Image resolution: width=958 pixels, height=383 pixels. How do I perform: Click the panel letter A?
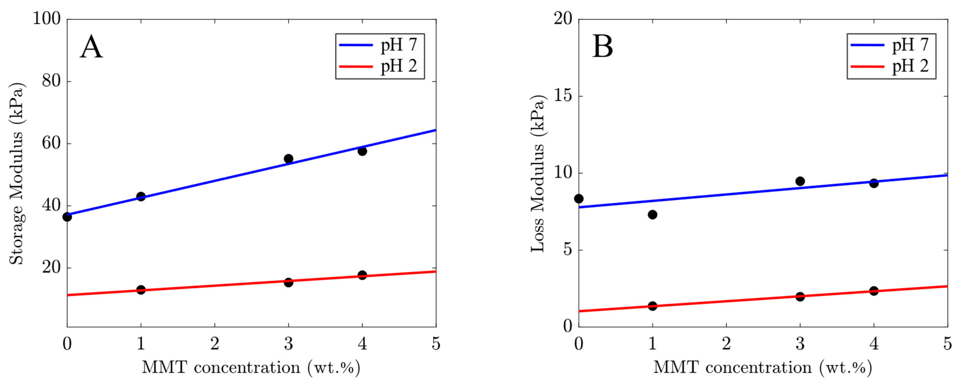(91, 48)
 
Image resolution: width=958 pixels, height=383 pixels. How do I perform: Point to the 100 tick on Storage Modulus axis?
(47, 19)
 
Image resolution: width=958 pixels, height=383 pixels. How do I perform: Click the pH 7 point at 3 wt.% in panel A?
(289, 159)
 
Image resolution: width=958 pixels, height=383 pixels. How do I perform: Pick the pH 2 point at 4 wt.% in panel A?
(362, 275)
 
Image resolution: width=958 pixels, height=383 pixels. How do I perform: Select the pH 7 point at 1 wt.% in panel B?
(652, 215)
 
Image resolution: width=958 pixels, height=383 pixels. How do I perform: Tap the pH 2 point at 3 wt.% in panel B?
(800, 296)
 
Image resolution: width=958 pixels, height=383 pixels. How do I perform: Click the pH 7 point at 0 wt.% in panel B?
(579, 199)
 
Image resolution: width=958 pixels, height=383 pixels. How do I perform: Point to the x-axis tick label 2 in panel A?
(214, 344)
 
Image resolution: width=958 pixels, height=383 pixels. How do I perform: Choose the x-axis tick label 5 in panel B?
(947, 344)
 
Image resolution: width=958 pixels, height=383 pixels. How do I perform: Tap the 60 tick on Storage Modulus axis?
(51, 143)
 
